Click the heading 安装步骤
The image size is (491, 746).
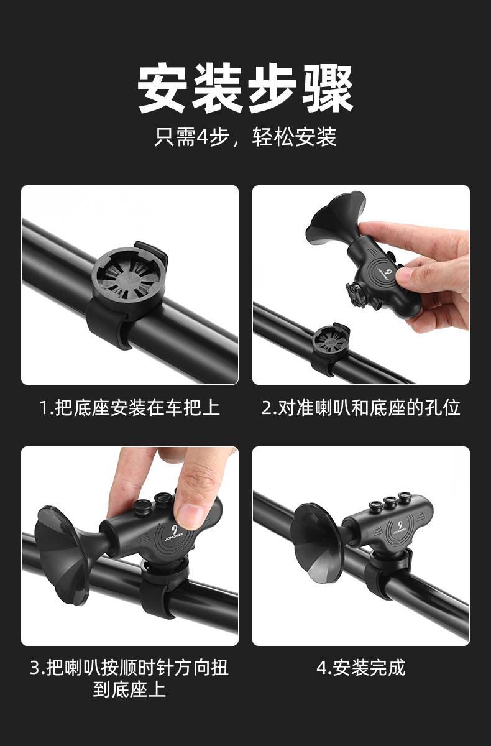click(245, 89)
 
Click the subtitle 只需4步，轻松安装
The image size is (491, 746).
click(245, 137)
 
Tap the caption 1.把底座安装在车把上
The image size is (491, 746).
click(130, 408)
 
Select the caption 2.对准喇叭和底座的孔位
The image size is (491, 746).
click(360, 408)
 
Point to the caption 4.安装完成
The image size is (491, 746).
click(360, 668)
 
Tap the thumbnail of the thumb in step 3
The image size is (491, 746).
click(190, 515)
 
